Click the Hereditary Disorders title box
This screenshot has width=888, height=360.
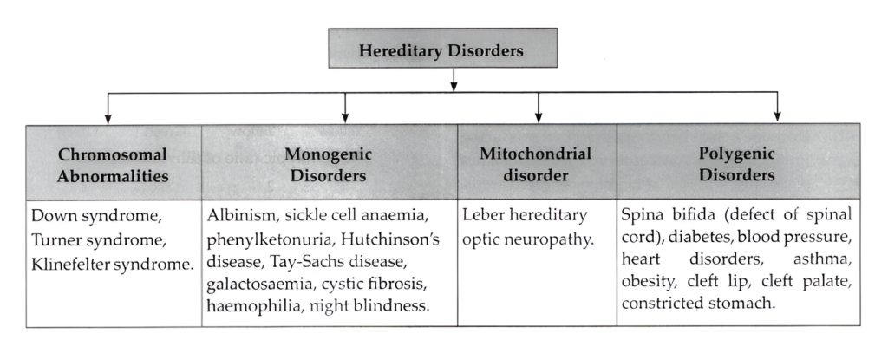pyautogui.click(x=441, y=49)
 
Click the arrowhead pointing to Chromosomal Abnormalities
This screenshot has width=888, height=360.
pyautogui.click(x=107, y=116)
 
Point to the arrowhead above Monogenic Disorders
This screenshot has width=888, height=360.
pyautogui.click(x=346, y=116)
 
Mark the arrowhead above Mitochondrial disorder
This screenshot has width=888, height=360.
pyautogui.click(x=539, y=116)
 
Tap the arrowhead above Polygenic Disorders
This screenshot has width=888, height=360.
pyautogui.click(x=777, y=116)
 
